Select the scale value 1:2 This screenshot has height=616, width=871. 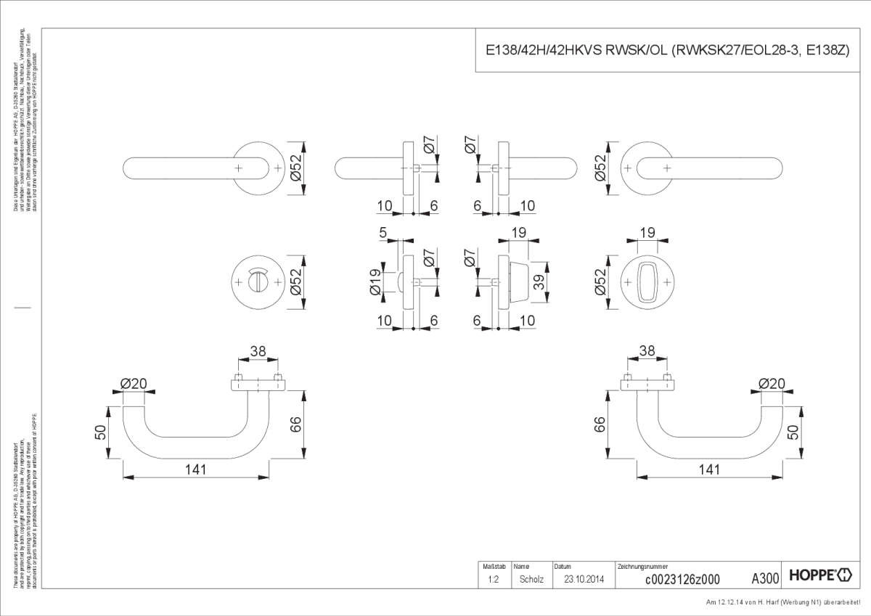coord(493,579)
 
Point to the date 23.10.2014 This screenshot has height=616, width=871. coord(584,579)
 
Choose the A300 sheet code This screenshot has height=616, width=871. coord(765,578)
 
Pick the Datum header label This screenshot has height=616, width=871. coord(563,565)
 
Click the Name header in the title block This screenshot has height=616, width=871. coord(522,565)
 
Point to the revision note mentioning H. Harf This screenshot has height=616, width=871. coord(787,603)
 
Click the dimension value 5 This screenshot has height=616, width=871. coord(383,234)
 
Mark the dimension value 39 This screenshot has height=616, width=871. coord(539,282)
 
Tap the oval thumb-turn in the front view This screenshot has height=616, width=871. coord(647,282)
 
